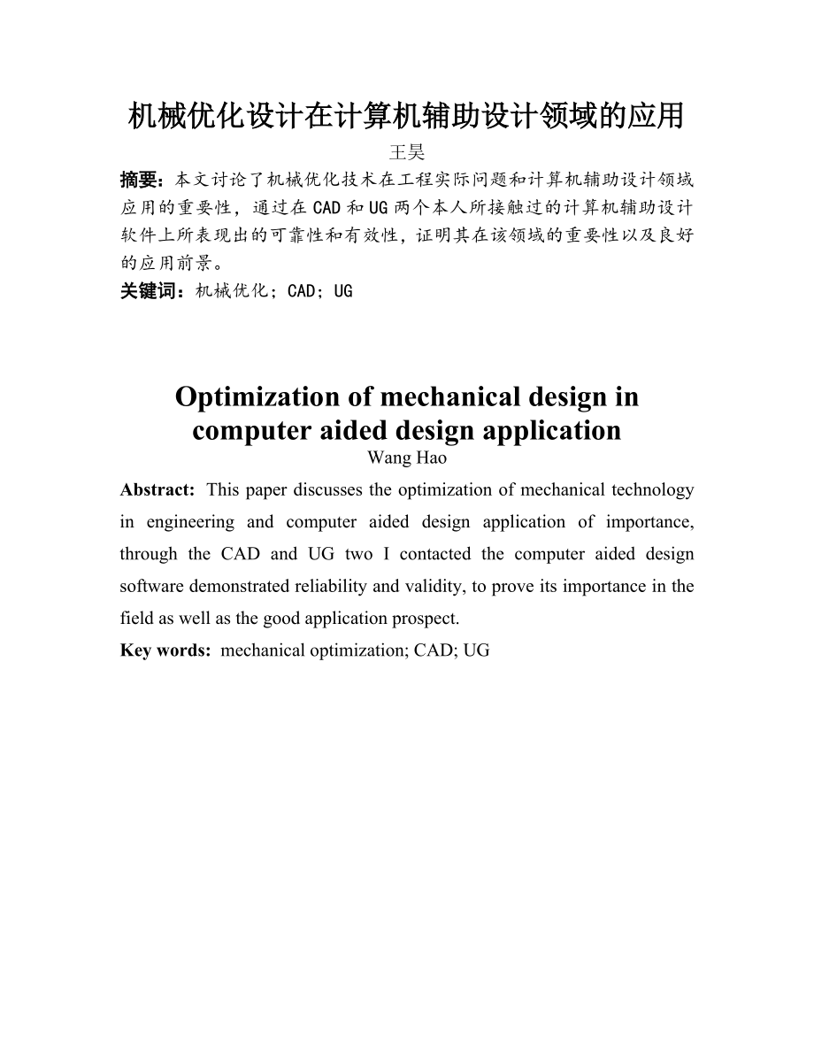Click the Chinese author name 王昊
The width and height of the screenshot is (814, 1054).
pyautogui.click(x=407, y=152)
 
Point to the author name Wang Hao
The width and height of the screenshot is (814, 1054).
pyautogui.click(x=407, y=458)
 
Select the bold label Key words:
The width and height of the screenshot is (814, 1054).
pyautogui.click(x=165, y=650)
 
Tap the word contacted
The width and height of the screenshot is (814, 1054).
pyautogui.click(x=438, y=554)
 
